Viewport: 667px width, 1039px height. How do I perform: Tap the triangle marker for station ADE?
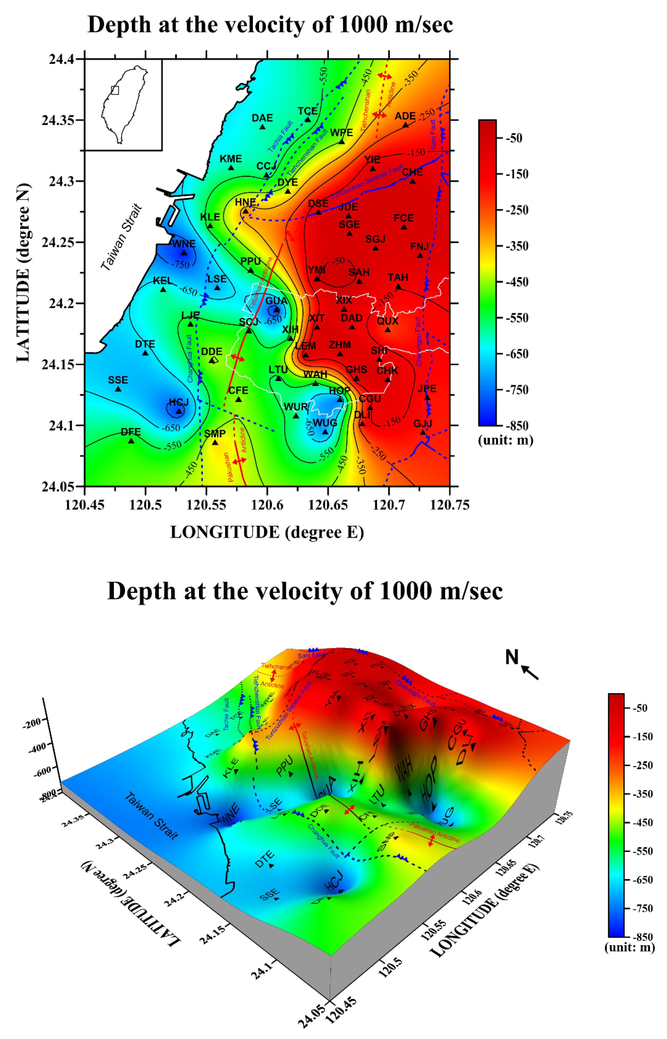coord(405,125)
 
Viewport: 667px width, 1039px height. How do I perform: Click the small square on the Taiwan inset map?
coord(115,90)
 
